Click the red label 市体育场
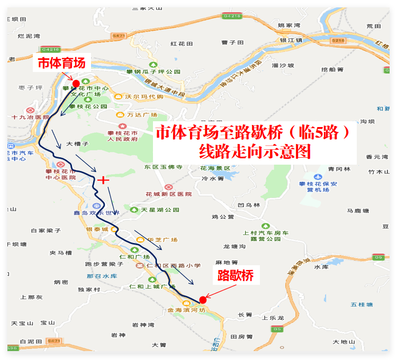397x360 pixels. (61, 63)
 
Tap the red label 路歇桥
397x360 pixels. (236, 276)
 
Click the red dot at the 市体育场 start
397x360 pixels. (76, 84)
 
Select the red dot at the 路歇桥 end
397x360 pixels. (203, 300)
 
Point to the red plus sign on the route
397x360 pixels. (103, 180)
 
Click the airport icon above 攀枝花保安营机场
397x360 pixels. (319, 176)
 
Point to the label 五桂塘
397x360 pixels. (362, 304)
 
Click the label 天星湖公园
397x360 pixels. (161, 210)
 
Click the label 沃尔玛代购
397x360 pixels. (144, 96)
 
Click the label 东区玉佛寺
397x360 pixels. (163, 167)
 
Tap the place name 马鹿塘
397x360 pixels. (358, 210)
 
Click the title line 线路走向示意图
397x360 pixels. (254, 152)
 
